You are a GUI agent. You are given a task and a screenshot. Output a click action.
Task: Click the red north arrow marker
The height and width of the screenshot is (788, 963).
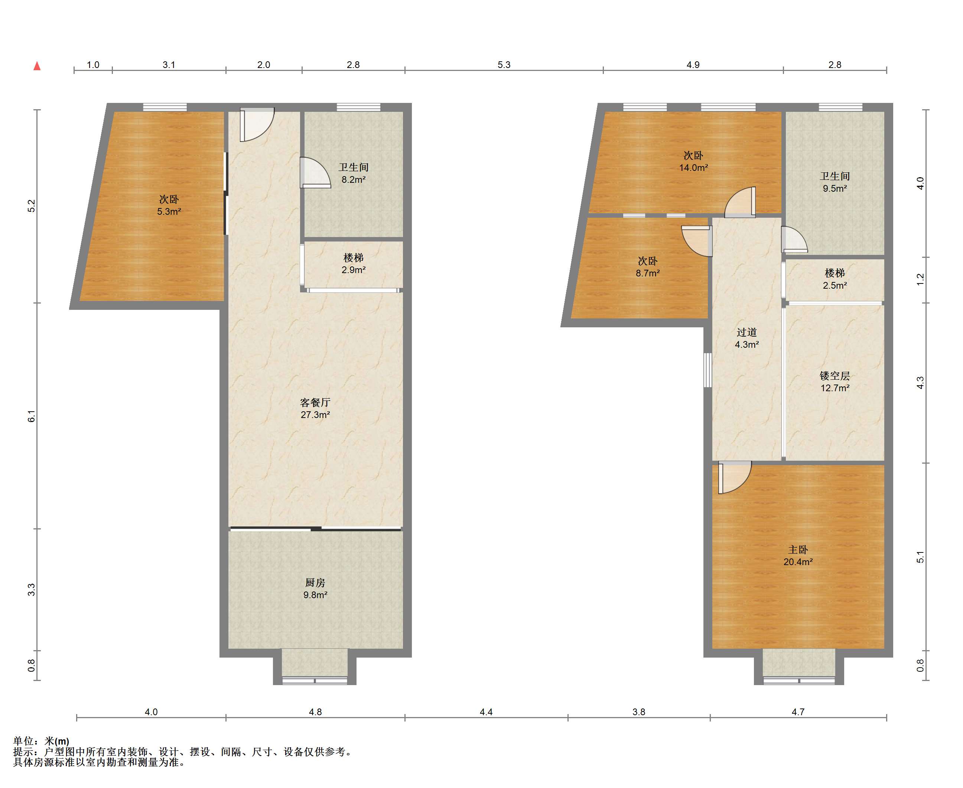[x=37, y=66]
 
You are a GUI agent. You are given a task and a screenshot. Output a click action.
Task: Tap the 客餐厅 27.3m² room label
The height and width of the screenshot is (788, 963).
[x=315, y=408]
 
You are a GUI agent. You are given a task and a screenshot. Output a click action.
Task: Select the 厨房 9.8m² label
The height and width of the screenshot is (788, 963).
[x=315, y=588]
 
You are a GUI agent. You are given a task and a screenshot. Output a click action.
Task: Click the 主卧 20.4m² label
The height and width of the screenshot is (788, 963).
[x=798, y=555]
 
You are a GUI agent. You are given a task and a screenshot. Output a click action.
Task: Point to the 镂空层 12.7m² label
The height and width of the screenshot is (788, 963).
[x=835, y=382]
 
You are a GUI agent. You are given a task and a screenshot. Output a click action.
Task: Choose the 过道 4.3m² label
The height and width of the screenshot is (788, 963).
[x=746, y=338]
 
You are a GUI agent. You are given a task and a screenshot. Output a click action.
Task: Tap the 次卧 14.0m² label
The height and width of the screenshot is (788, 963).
[x=693, y=161]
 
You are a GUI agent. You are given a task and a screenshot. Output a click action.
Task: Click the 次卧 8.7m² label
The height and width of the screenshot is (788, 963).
[x=648, y=267]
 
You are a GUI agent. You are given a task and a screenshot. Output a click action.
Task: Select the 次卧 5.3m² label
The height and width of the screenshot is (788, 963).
[x=169, y=205]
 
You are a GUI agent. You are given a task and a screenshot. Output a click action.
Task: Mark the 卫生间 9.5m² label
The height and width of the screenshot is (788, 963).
[x=835, y=182]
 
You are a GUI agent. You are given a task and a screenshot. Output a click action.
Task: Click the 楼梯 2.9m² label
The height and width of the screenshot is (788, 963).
[x=354, y=264]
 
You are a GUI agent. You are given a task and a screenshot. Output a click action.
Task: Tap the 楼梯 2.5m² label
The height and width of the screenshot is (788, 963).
[x=835, y=279]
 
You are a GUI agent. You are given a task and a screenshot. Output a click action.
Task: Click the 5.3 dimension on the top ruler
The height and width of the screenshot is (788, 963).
[x=504, y=65]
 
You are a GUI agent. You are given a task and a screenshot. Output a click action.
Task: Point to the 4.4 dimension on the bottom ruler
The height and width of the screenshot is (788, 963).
[x=486, y=712]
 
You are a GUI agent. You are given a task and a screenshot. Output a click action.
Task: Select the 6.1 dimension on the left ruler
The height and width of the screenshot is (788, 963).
[x=31, y=416]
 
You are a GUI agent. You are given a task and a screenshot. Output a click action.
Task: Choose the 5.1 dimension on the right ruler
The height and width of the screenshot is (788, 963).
[x=920, y=557]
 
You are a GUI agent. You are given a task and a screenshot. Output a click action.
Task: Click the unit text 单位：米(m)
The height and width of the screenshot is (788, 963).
[x=41, y=741]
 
